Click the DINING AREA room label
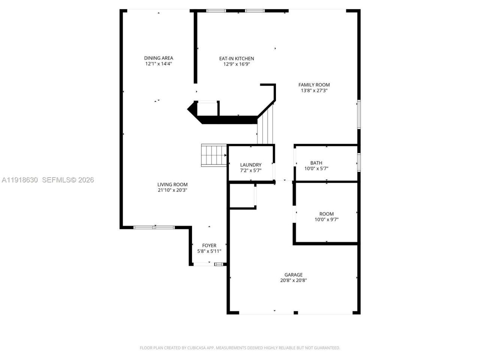pos(159,58)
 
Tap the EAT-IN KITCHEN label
pos(236,58)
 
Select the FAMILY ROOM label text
pos(314,85)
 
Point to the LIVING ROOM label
pos(172,184)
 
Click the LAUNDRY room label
pos(250,165)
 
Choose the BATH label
pos(316,163)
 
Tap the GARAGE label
pos(293,275)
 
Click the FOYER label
pos(209,246)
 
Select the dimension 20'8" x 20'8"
pos(293,280)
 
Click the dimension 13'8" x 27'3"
pos(314,90)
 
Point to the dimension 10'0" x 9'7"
pos(326,220)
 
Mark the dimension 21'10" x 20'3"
pos(172,190)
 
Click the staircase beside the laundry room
pos(214,155)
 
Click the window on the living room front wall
pos(154,227)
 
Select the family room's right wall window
pos(358,114)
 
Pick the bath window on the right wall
pos(358,162)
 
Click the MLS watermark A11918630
pos(20,180)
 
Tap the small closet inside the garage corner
pos(242,196)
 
